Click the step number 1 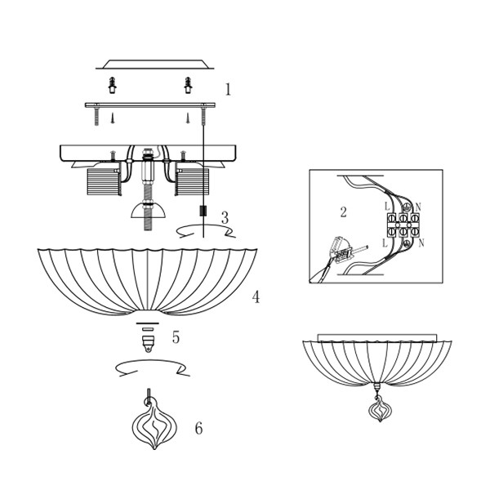click(228, 89)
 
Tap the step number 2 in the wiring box click(344, 212)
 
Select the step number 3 click(225, 218)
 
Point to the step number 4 click(256, 297)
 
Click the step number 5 click(176, 337)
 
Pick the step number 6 click(199, 428)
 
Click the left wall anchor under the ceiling click(113, 85)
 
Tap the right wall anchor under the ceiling click(188, 85)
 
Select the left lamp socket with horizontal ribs click(104, 182)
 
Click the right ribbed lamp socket click(192, 182)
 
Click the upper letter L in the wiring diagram click(387, 207)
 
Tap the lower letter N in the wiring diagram click(421, 243)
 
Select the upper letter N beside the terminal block click(418, 207)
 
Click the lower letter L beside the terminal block click(385, 243)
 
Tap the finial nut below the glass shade click(148, 344)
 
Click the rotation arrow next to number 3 click(206, 231)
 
